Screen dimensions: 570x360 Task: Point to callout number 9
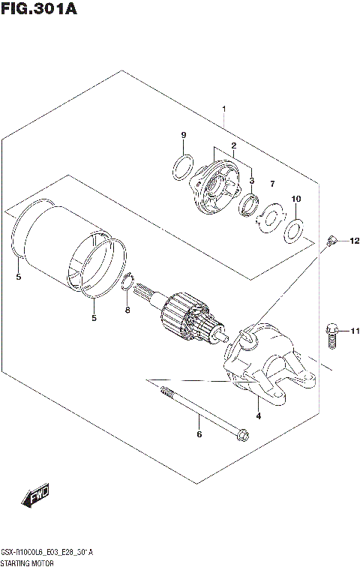183,135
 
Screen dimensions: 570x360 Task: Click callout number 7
272,184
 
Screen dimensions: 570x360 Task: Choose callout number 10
295,199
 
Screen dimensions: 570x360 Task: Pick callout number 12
354,241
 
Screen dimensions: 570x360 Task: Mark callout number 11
354,330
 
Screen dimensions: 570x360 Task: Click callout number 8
127,310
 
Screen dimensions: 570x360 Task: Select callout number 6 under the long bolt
199,434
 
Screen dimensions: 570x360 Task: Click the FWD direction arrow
35,496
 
